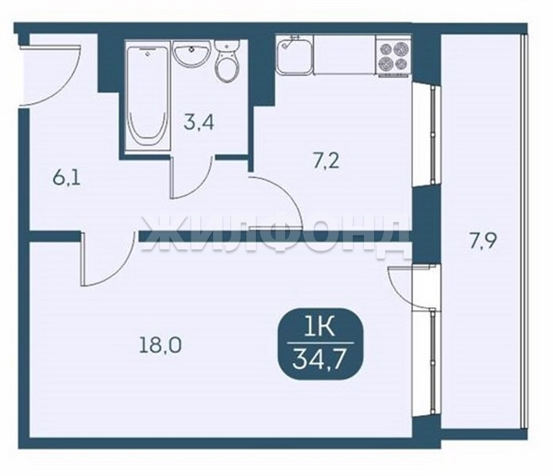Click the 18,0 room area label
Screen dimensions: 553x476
(160, 346)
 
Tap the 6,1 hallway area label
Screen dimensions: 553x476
(67, 178)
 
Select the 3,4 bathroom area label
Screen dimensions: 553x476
(199, 122)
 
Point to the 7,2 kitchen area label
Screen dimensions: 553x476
(326, 162)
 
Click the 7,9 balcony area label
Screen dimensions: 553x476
(482, 241)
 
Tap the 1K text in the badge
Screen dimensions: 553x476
(320, 328)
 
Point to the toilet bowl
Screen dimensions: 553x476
(226, 68)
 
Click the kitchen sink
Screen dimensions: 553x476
(295, 56)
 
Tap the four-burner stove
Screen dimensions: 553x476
(393, 55)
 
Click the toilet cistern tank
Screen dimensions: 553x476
(226, 46)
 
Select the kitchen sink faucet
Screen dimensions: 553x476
(290, 40)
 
